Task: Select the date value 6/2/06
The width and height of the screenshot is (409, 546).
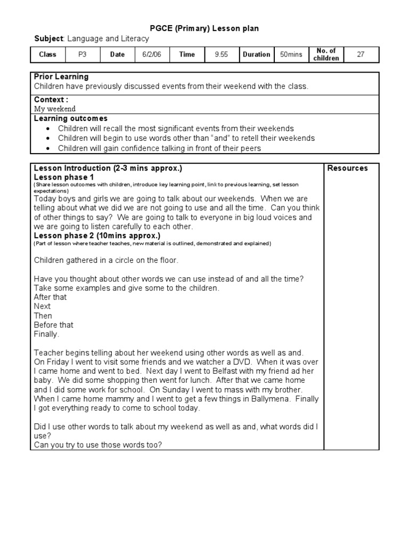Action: point(151,54)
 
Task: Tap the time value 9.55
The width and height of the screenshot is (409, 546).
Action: point(221,54)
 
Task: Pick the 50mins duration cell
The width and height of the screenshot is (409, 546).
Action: point(291,54)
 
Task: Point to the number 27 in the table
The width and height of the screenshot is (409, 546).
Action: point(361,54)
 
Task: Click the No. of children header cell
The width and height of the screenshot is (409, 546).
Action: point(326,54)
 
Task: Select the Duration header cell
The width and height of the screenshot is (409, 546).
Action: point(256,54)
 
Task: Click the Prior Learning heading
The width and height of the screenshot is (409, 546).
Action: point(61,77)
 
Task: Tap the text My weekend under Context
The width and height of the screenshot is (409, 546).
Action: point(55,109)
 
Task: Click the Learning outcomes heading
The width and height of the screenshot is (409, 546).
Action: point(70,118)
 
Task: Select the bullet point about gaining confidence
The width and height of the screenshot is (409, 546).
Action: point(159,148)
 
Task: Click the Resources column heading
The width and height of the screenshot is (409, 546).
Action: point(347,168)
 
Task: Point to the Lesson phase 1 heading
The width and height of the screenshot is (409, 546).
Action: point(64,177)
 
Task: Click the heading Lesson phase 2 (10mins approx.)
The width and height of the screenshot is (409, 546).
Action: point(97,235)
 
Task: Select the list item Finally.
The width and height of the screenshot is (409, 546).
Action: point(47,334)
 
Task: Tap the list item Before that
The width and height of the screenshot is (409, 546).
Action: point(54,325)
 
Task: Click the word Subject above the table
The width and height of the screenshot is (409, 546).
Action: point(48,39)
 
